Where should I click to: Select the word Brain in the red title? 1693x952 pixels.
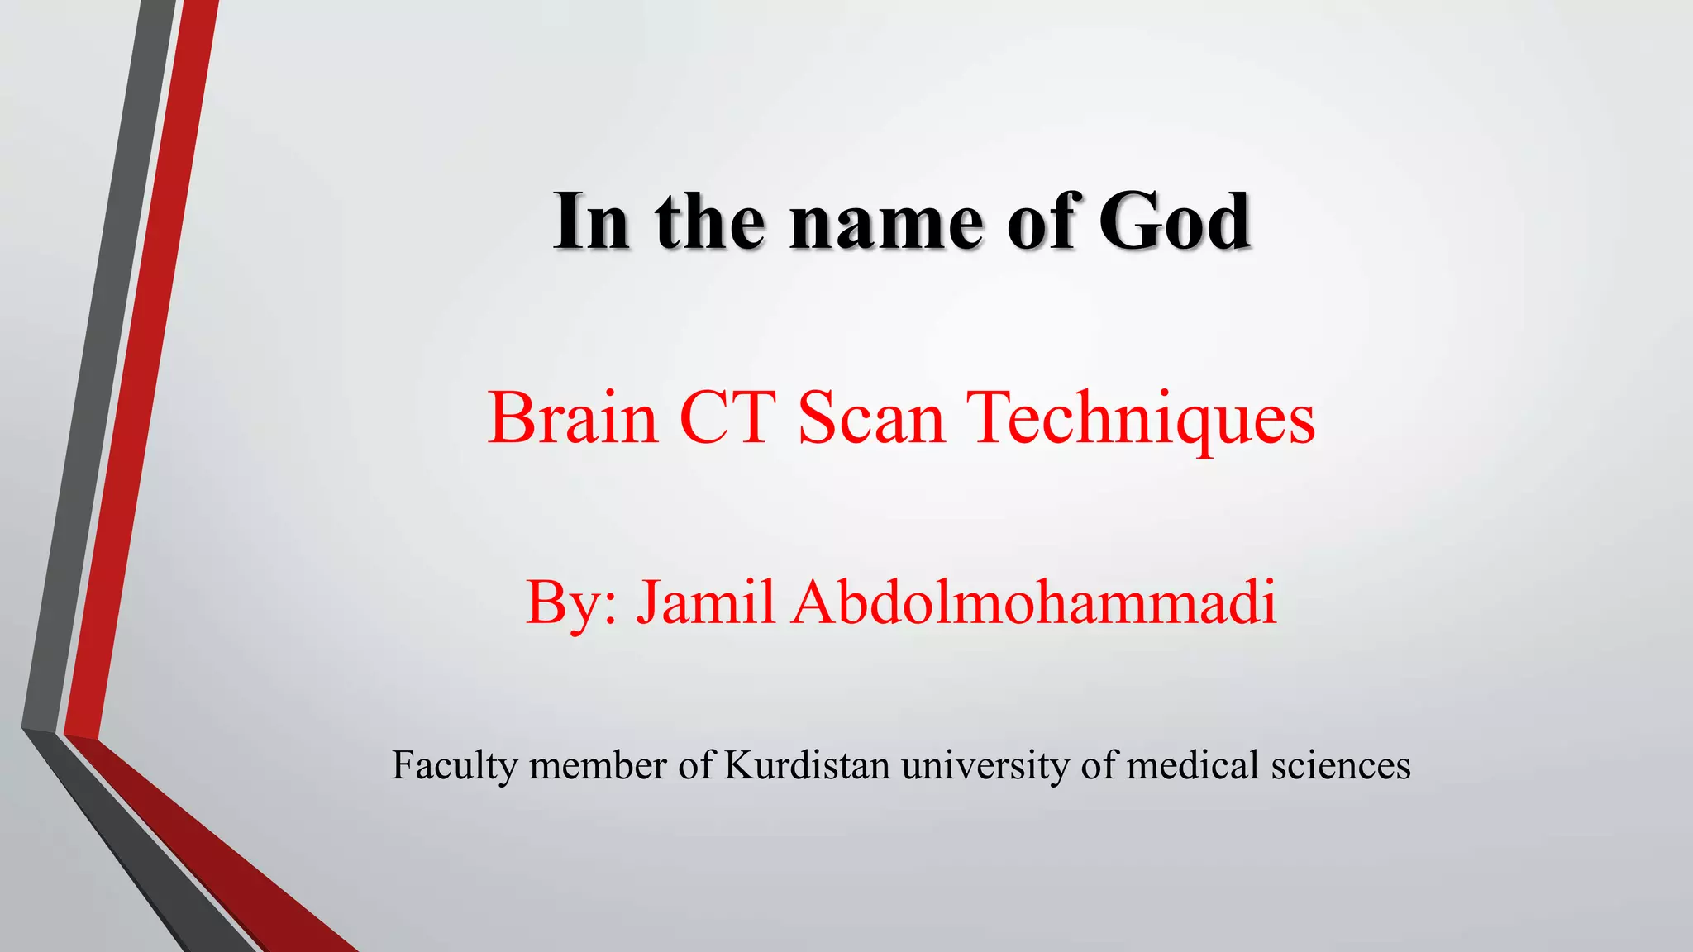[572, 418]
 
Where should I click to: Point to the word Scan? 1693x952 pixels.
[870, 418]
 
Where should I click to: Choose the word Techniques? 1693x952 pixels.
[1141, 420]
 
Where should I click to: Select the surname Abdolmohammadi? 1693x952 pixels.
[1034, 602]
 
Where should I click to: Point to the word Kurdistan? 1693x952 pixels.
[807, 764]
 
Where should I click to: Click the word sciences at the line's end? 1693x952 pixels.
[1340, 764]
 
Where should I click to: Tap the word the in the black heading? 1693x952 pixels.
[710, 221]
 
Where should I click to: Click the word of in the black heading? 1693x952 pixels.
[1041, 221]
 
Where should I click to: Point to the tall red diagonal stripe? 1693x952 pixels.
[141, 372]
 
